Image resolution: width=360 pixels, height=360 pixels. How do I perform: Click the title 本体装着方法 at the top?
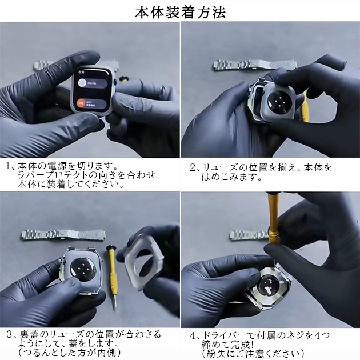tap(181, 11)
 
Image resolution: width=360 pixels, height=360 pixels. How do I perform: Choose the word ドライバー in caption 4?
tap(222, 335)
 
